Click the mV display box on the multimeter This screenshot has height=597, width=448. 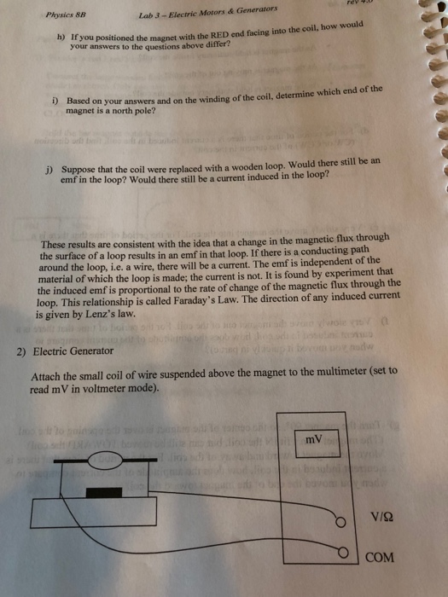(319, 441)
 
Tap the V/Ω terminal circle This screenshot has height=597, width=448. (342, 522)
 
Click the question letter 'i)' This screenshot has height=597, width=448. (60, 100)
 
